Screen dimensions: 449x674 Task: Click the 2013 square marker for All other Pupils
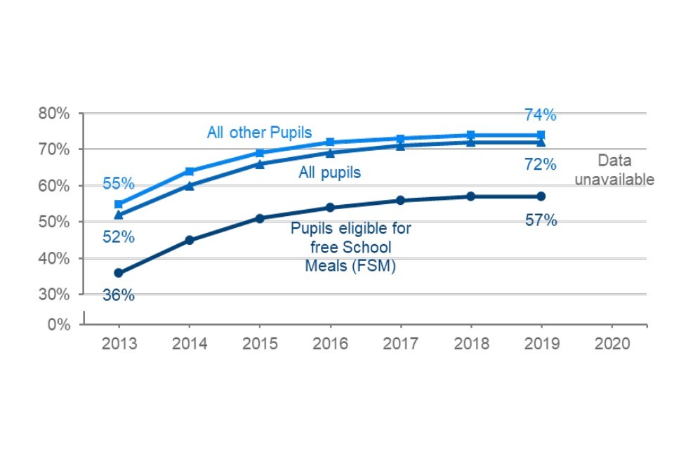(118, 204)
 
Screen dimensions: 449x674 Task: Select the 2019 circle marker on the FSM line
(541, 196)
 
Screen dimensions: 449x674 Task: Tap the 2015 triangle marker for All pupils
(259, 164)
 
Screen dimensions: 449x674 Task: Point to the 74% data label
(540, 114)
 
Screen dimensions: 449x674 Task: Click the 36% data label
(118, 295)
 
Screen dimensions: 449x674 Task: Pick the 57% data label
(541, 220)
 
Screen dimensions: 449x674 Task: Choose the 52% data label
(118, 237)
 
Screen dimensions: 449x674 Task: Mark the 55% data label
(118, 184)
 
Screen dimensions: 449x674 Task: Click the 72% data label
(541, 166)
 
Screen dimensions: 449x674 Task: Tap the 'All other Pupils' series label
(259, 133)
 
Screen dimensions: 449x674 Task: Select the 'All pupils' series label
(329, 173)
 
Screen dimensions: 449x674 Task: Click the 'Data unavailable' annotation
(614, 170)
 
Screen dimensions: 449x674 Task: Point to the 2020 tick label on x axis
(611, 344)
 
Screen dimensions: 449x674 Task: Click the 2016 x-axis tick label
(329, 344)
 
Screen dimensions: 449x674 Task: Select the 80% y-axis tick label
(54, 114)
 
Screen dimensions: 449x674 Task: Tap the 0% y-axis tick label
(58, 324)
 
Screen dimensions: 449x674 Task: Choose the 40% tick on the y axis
(54, 258)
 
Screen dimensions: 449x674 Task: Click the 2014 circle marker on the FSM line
(189, 240)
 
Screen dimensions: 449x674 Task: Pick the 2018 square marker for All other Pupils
(470, 135)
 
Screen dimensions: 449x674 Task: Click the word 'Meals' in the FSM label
(322, 266)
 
